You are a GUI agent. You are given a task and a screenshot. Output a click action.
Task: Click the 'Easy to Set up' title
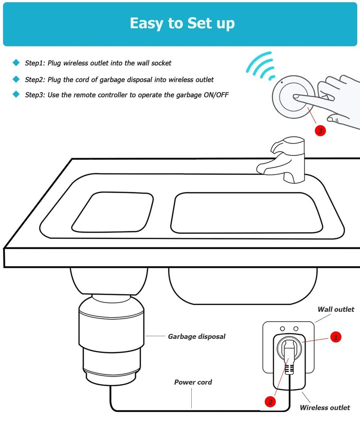tap(182, 23)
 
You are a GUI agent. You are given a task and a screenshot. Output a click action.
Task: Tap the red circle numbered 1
tap(335, 338)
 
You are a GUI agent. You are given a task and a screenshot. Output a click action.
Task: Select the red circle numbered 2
tap(270, 402)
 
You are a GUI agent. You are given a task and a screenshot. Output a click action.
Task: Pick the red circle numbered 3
tap(320, 131)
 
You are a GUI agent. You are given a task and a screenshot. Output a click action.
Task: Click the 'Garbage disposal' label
tap(196, 337)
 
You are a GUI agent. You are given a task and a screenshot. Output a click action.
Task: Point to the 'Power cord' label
tap(193, 382)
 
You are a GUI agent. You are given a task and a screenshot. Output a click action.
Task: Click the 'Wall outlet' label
tap(336, 310)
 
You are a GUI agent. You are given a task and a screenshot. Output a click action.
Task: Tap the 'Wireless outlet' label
tap(325, 408)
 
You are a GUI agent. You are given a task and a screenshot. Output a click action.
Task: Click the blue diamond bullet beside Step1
tap(16, 63)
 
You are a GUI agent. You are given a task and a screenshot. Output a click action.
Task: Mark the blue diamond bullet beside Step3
tap(16, 94)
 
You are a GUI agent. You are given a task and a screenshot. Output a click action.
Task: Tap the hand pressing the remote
tap(337, 100)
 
